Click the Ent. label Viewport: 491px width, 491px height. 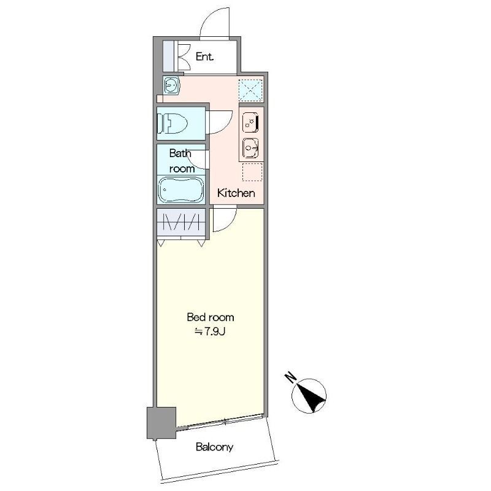(204, 56)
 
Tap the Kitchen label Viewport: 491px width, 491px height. (236, 193)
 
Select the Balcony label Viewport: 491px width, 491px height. (214, 447)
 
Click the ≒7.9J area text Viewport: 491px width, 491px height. (210, 331)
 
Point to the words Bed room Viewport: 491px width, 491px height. (210, 317)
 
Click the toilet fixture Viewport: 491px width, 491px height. (172, 123)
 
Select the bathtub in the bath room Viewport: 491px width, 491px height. (180, 190)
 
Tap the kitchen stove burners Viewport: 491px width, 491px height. (250, 122)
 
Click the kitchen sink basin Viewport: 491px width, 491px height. (250, 148)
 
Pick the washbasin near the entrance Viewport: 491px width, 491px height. (171, 85)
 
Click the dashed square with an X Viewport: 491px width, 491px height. (250, 90)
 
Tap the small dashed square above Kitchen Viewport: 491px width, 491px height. (252, 172)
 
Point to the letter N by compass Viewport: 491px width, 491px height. (290, 377)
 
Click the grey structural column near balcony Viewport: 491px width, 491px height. (161, 423)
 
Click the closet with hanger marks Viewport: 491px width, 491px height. (181, 222)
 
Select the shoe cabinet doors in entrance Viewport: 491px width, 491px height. (184, 56)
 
